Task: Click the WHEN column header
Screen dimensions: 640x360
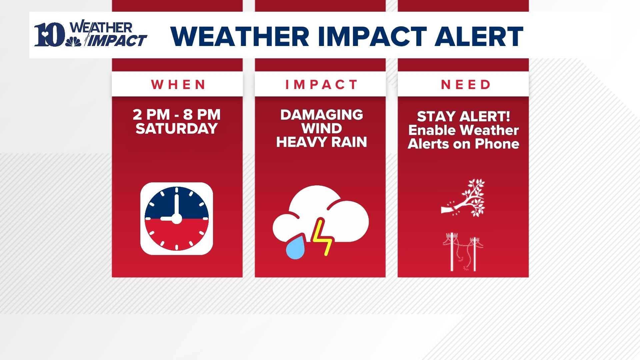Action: pos(178,85)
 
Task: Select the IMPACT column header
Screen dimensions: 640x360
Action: pos(321,85)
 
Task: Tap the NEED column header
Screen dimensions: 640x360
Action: pos(466,85)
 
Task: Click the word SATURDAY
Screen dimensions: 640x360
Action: pos(177,129)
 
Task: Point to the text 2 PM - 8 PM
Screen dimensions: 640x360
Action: pos(177,115)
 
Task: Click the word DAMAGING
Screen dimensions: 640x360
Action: pos(322,115)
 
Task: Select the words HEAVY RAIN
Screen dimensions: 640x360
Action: pos(322,142)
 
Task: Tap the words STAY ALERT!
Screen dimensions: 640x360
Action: pos(463,116)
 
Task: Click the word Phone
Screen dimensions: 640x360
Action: pos(497,144)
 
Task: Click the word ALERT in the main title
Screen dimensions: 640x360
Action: pos(479,36)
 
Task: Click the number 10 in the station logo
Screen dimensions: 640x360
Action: pos(49,35)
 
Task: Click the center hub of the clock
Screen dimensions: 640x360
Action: pos(176,219)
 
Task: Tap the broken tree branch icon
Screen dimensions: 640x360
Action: pos(463,198)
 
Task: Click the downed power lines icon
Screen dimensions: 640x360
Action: pos(463,252)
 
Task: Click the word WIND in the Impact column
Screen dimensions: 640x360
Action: pos(322,129)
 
